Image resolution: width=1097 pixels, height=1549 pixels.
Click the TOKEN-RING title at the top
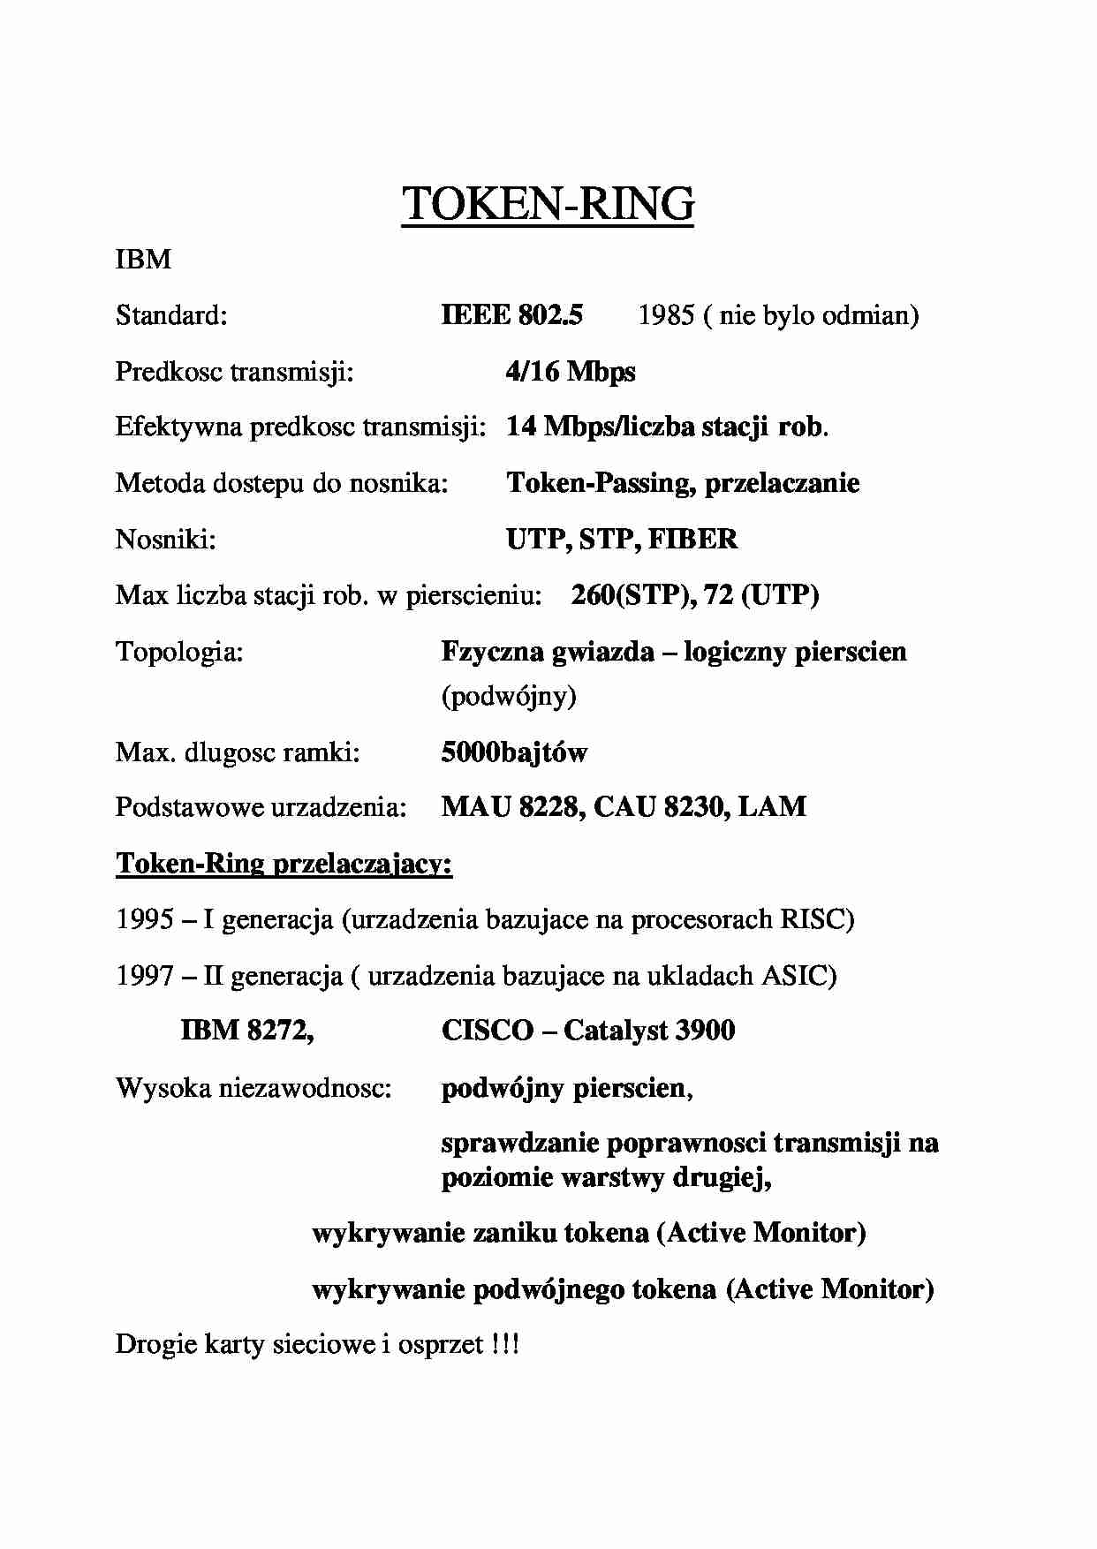[548, 204]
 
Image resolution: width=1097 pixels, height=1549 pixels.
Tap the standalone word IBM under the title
[143, 260]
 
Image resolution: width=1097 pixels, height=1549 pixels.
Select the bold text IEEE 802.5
[511, 315]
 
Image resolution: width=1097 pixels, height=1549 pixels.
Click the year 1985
[666, 315]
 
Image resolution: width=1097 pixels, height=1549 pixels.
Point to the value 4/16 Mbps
[570, 371]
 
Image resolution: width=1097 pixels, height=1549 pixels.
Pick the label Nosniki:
[166, 539]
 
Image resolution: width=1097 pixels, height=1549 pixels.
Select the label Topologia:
[179, 652]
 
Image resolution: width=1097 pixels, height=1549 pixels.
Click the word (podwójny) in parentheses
[509, 697]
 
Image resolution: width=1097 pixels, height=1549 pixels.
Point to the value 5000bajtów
[514, 752]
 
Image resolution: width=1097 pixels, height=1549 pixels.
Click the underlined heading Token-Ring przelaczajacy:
[284, 863]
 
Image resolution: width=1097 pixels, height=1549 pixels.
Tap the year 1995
[144, 919]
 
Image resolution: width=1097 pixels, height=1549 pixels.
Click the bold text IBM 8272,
[247, 1031]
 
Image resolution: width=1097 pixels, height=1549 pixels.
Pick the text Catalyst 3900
[649, 1031]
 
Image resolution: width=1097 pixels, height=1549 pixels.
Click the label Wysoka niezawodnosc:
[253, 1088]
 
